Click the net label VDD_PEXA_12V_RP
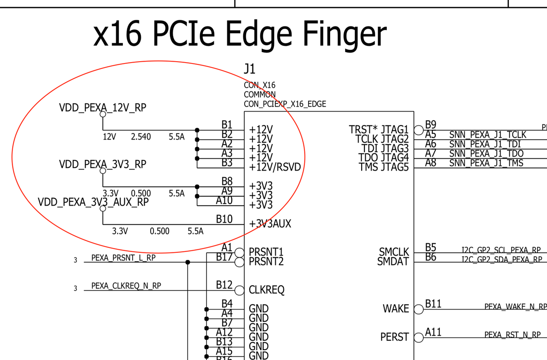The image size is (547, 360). [103, 108]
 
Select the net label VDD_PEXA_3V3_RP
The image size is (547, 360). [103, 164]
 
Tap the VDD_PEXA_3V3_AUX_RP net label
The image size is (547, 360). [93, 202]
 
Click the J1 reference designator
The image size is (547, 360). [250, 69]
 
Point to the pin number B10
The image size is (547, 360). [224, 219]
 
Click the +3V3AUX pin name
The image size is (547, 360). [270, 224]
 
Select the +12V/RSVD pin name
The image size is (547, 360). [275, 167]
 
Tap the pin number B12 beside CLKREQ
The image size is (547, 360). [224, 285]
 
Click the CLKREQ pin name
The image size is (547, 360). [267, 290]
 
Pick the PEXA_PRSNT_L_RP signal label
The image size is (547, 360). [123, 258]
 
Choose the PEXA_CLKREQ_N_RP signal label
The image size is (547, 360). [126, 286]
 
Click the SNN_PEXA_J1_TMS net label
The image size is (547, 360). [486, 163]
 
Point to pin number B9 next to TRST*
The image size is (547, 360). [430, 125]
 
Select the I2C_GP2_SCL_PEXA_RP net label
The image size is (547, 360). [501, 250]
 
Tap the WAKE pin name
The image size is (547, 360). [396, 309]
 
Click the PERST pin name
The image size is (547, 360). [395, 337]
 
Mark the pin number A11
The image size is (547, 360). [434, 332]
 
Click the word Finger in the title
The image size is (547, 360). [344, 34]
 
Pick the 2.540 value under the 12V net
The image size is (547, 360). [141, 137]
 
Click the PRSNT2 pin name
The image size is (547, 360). [266, 261]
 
